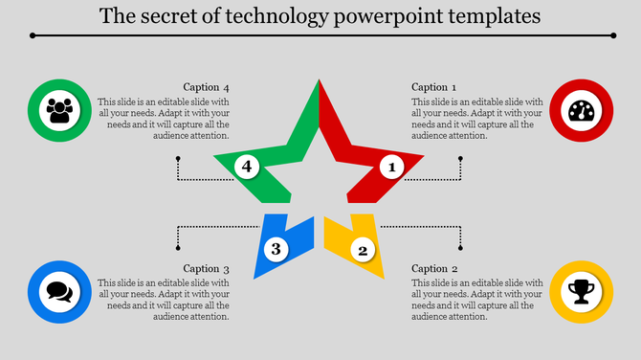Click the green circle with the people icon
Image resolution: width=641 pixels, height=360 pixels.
[60, 111]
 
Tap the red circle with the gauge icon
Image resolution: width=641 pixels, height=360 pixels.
[581, 111]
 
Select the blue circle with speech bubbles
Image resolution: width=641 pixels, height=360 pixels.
[60, 291]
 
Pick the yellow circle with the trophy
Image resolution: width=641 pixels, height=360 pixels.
[581, 291]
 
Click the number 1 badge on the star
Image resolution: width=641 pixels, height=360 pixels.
[390, 168]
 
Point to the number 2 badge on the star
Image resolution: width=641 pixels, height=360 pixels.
[362, 251]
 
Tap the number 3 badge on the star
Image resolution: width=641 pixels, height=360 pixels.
[276, 250]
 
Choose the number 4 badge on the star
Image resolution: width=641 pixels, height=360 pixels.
[247, 168]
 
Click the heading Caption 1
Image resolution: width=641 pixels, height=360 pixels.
[434, 87]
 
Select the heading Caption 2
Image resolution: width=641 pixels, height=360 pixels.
[434, 269]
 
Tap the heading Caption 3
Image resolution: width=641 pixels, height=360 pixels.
[207, 269]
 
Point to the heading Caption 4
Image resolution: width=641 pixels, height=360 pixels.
[207, 87]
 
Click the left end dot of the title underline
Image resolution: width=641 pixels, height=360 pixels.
[33, 35]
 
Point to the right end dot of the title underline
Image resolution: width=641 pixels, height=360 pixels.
[613, 35]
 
